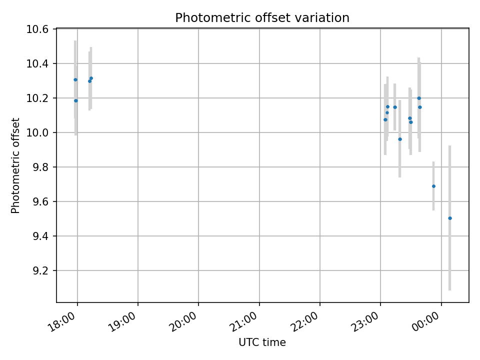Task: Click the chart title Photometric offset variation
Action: (x=262, y=18)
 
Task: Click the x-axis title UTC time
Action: (x=262, y=342)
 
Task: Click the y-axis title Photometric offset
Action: (x=15, y=165)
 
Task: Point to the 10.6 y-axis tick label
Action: (x=38, y=29)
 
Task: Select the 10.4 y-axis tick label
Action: (x=38, y=64)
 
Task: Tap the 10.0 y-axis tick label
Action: (x=38, y=133)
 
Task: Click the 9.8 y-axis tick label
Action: (x=40, y=167)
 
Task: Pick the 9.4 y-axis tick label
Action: (x=40, y=236)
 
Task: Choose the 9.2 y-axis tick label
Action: (x=40, y=271)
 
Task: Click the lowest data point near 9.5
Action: (x=450, y=218)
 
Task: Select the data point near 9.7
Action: (x=433, y=186)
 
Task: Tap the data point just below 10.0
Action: (x=399, y=139)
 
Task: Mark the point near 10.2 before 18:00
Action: (x=76, y=100)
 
